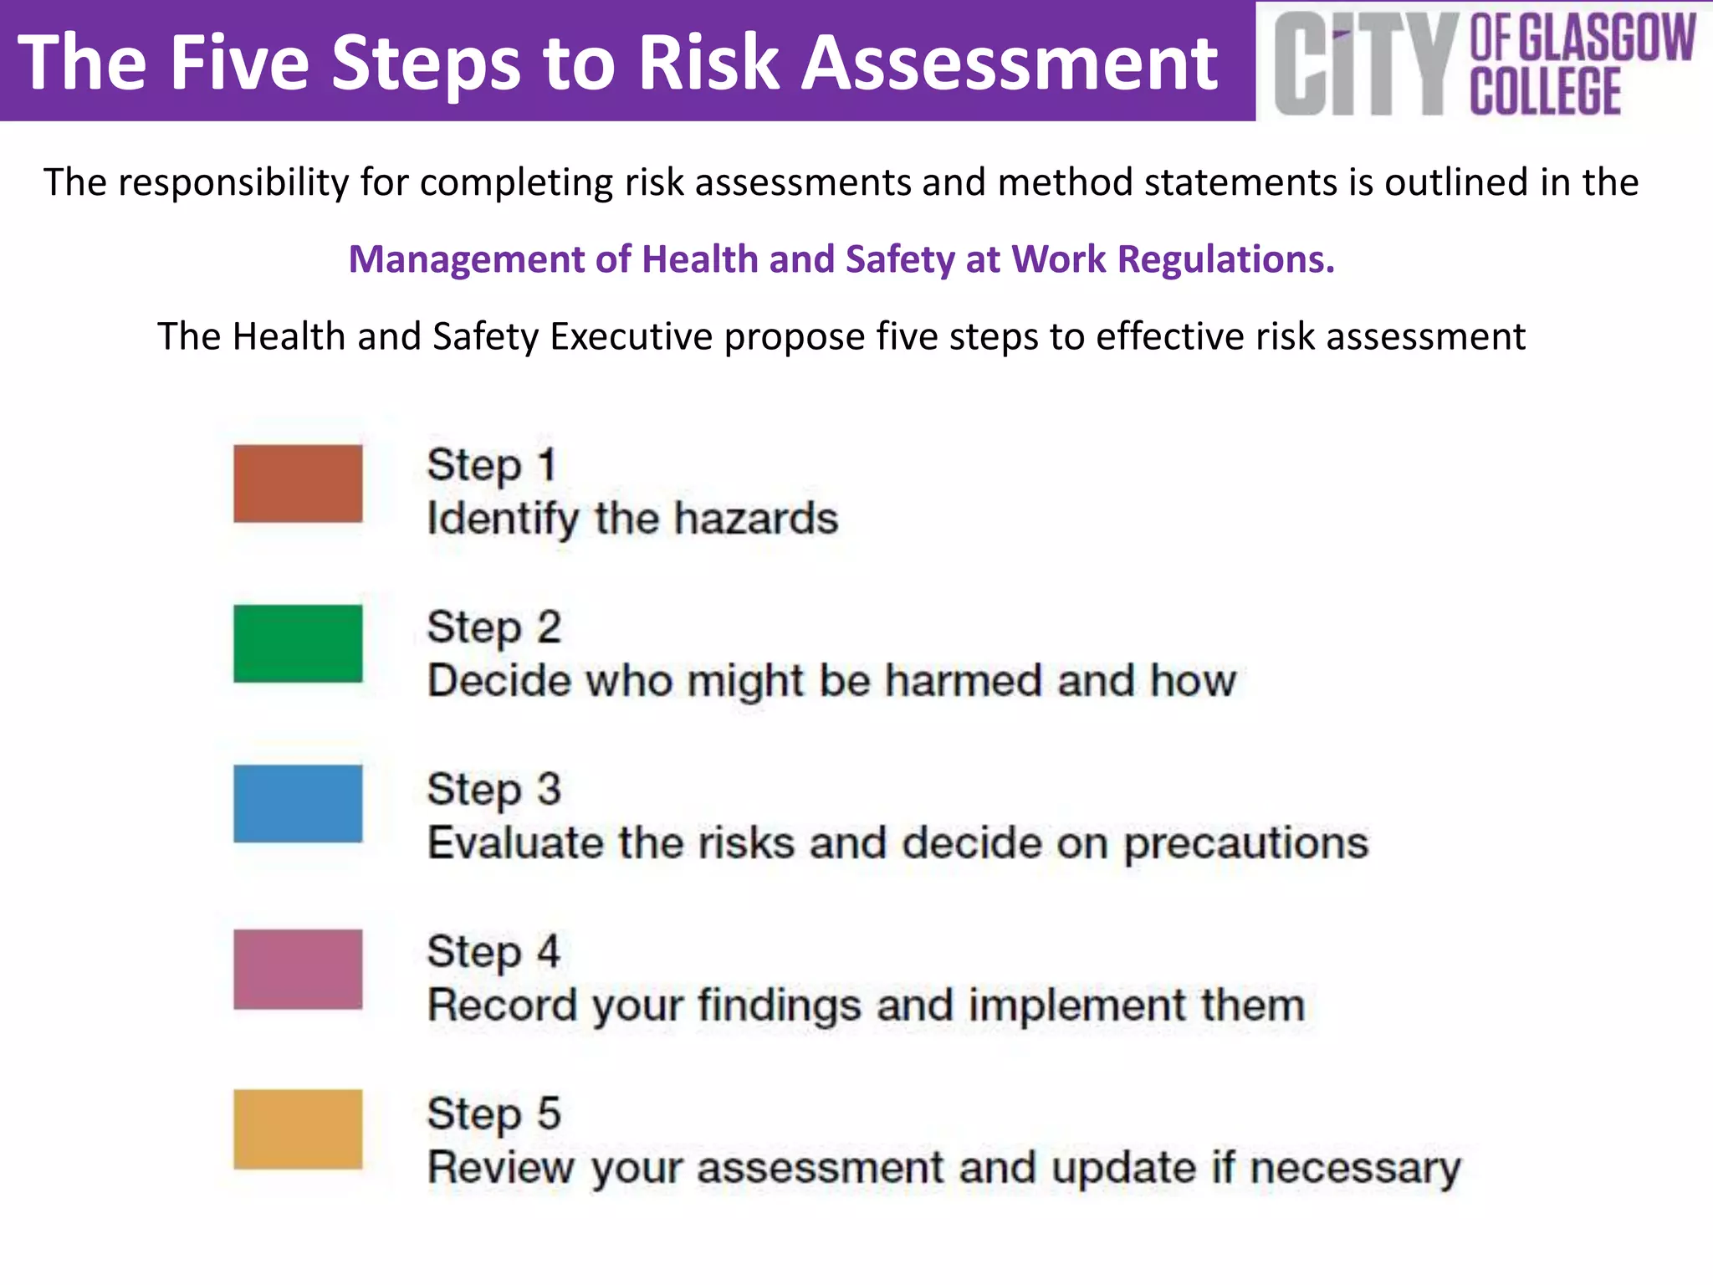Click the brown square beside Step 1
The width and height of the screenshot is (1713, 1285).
click(x=298, y=484)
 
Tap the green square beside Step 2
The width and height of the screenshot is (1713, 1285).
click(x=298, y=643)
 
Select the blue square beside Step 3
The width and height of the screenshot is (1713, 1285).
click(x=298, y=803)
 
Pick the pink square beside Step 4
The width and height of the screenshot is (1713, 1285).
click(x=298, y=969)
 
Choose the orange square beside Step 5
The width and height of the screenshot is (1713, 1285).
click(x=298, y=1129)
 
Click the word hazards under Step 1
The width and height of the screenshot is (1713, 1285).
click(x=756, y=519)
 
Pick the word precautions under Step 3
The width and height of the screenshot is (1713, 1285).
click(x=1245, y=843)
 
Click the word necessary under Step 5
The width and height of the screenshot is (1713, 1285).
click(x=1355, y=1168)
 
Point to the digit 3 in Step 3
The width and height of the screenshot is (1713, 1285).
click(x=549, y=789)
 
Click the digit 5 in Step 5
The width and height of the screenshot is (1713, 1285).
click(x=549, y=1113)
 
